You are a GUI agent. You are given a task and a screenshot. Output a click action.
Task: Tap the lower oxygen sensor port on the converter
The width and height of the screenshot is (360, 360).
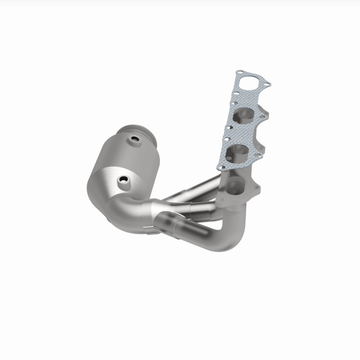pyautogui.click(x=122, y=180)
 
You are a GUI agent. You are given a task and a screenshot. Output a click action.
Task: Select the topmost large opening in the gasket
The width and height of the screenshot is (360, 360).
pyautogui.click(x=250, y=85)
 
